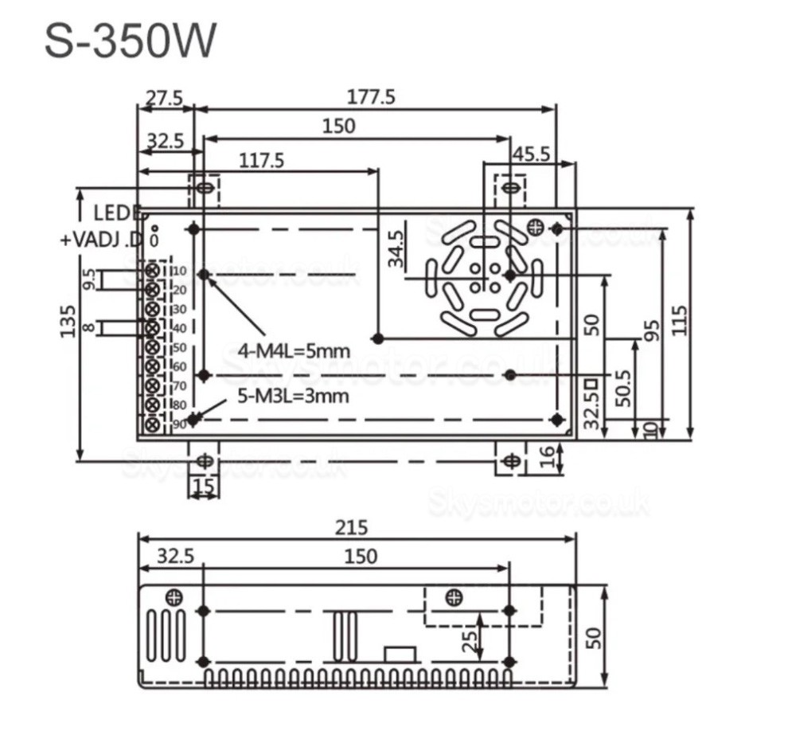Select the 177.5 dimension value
tap(370, 97)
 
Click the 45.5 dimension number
tap(529, 154)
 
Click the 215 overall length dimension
tap(351, 527)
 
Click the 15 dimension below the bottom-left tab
tap(203, 486)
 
